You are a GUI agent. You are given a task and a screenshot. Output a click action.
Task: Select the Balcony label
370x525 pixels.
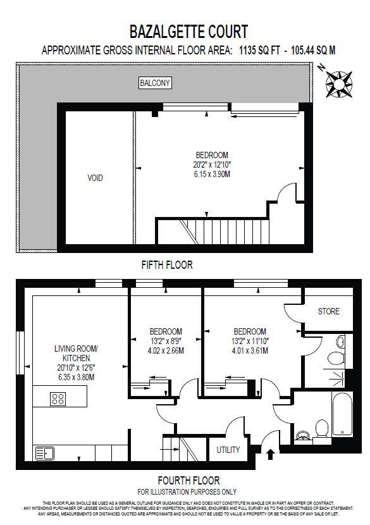pyautogui.click(x=156, y=83)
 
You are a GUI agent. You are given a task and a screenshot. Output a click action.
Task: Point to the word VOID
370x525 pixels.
pyautogui.click(x=95, y=178)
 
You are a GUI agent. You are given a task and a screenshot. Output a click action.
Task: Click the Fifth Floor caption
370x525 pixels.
pyautogui.click(x=167, y=265)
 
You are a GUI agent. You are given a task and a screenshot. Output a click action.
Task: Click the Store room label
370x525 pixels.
pyautogui.click(x=328, y=311)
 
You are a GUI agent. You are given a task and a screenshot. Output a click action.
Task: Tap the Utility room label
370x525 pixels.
pyautogui.click(x=228, y=450)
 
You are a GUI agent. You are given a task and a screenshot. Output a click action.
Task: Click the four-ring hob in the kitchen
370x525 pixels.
pyautogui.click(x=58, y=398)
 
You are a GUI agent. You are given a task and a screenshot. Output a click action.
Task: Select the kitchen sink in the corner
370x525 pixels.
pyautogui.click(x=44, y=453)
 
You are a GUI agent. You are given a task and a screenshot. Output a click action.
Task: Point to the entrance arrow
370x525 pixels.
pyautogui.click(x=271, y=454)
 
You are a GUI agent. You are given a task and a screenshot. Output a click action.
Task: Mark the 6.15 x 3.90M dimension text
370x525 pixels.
pyautogui.click(x=212, y=174)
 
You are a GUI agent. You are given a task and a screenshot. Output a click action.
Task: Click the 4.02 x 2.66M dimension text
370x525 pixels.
pyautogui.click(x=166, y=350)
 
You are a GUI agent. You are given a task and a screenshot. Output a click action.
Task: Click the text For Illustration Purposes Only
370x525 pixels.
pyautogui.click(x=187, y=491)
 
